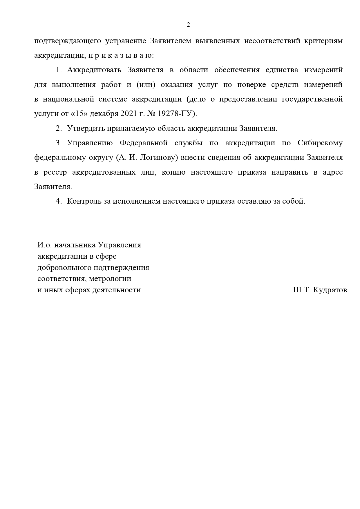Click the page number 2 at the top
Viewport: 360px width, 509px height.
pyautogui.click(x=188, y=25)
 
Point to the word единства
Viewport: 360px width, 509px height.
pyautogui.click(x=281, y=70)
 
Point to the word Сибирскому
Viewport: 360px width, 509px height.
pyautogui.click(x=320, y=143)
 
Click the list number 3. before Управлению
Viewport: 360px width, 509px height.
pyautogui.click(x=59, y=143)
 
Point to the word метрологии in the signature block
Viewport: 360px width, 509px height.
pyautogui.click(x=110, y=279)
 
